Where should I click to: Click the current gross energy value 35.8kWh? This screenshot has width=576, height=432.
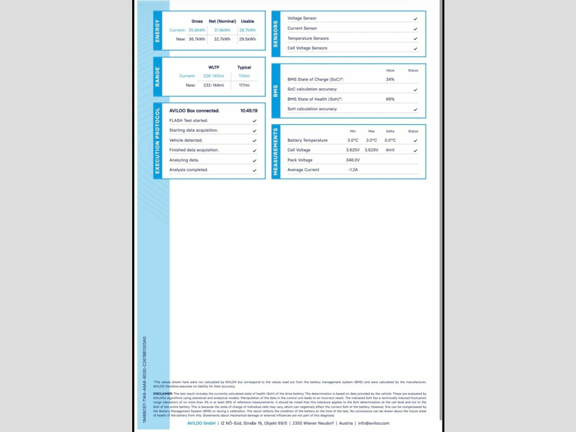click(197, 30)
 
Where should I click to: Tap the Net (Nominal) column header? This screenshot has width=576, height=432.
click(222, 21)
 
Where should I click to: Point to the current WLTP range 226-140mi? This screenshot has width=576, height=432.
click(214, 76)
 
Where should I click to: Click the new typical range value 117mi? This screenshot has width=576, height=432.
click(244, 85)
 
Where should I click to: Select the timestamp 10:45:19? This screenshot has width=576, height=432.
click(249, 111)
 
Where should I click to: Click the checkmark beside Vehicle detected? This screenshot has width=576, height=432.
click(254, 140)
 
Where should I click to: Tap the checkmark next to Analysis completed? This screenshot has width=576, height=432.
click(254, 170)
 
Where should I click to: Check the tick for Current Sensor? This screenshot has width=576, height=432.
click(415, 28)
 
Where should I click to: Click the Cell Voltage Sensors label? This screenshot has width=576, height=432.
click(307, 48)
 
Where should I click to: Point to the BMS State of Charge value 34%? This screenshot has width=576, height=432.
click(390, 79)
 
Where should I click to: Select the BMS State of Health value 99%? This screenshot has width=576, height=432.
click(390, 99)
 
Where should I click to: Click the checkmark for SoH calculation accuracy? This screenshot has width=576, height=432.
click(415, 109)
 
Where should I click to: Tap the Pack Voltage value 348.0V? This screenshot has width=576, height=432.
click(353, 160)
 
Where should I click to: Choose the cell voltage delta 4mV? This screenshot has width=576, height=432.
click(390, 150)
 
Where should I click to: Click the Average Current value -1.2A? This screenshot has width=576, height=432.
click(353, 170)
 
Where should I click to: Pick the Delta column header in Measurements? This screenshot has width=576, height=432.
click(390, 131)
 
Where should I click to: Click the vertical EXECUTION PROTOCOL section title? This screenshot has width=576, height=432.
click(157, 140)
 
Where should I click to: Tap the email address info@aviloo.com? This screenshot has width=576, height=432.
click(373, 423)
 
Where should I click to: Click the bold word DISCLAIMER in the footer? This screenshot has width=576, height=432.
click(163, 394)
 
